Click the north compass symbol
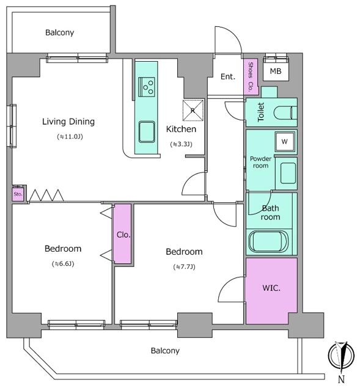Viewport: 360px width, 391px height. [341, 355]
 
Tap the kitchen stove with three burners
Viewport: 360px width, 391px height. [147, 87]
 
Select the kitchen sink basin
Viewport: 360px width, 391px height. [147, 132]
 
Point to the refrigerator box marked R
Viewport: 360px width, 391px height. [193, 110]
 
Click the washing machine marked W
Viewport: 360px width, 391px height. [284, 142]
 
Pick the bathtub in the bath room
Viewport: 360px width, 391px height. [268, 241]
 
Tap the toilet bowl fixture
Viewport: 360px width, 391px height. [285, 113]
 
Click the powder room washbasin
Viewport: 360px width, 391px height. [288, 173]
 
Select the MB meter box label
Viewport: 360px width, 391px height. [276, 71]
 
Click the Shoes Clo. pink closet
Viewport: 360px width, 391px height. [251, 76]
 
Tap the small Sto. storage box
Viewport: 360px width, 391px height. [18, 194]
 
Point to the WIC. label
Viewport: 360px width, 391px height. [271, 288]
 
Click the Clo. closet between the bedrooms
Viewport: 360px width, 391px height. [122, 233]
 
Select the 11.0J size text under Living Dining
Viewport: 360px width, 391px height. [70, 137]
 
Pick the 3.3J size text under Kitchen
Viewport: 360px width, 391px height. [181, 144]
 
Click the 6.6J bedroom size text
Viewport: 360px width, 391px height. [63, 263]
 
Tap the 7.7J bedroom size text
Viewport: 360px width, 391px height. [184, 267]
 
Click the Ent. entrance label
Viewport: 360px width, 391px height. [228, 76]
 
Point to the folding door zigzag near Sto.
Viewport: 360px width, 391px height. [46, 195]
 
